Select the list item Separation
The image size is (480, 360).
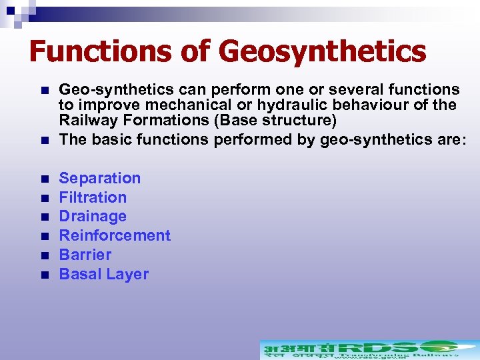[100, 178]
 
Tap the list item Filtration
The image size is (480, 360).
[93, 197]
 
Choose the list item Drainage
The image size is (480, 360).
[93, 217]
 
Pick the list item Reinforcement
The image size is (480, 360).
[115, 235]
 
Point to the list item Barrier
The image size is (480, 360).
[85, 255]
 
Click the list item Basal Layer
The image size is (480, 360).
[104, 274]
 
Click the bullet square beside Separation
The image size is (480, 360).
[44, 179]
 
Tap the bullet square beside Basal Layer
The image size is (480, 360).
[44, 275]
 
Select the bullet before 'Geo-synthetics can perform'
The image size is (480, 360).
[44, 90]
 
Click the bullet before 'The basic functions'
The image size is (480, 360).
[44, 140]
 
